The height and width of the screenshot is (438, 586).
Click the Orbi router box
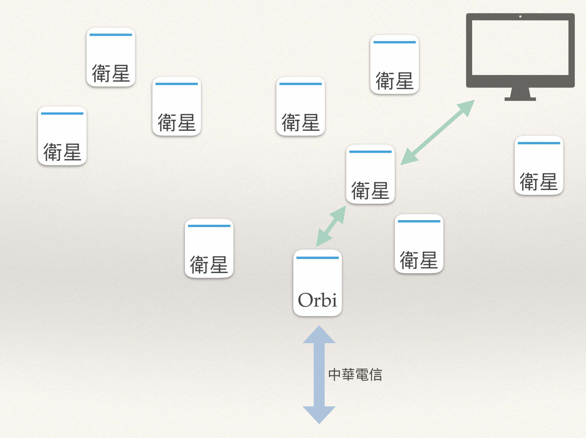pyautogui.click(x=317, y=282)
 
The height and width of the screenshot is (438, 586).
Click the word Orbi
pyautogui.click(x=317, y=300)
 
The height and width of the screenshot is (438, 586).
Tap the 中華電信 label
pyautogui.click(x=355, y=375)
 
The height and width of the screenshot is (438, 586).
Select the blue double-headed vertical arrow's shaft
pyautogui.click(x=319, y=375)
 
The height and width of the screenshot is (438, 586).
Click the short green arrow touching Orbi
pyautogui.click(x=331, y=226)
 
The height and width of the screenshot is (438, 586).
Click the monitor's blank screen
pyautogui.click(x=520, y=47)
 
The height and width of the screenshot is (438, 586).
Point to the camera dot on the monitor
pyautogui.click(x=520, y=16)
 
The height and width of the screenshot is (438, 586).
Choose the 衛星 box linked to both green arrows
pyautogui.click(x=370, y=174)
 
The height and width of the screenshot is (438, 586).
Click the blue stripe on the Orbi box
pyautogui.click(x=317, y=258)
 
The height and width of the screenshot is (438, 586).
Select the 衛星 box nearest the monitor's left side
pyautogui.click(x=394, y=64)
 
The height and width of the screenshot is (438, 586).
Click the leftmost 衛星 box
pyautogui.click(x=62, y=136)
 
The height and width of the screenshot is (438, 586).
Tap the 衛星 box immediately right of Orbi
pyautogui.click(x=419, y=244)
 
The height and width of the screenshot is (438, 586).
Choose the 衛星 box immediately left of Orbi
pyautogui.click(x=209, y=248)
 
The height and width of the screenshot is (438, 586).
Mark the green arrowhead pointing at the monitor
pyautogui.click(x=467, y=107)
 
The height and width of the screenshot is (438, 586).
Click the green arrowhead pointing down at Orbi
pyautogui.click(x=322, y=239)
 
